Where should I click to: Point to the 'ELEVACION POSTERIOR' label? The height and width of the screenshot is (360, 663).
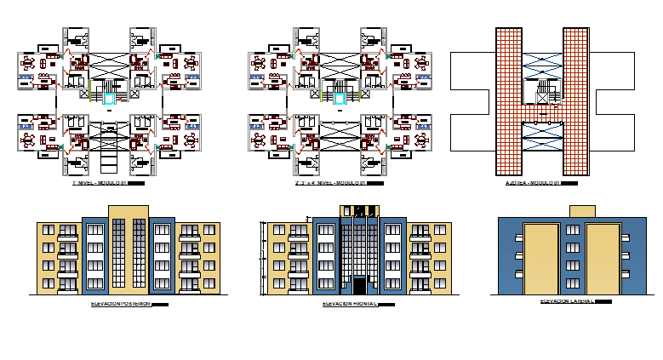120,303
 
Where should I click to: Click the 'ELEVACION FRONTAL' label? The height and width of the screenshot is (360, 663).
349,303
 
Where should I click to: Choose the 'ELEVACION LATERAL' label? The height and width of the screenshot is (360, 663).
567,300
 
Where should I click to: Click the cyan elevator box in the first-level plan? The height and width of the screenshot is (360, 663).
110,100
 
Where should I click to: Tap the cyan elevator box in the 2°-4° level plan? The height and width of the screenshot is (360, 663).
340,100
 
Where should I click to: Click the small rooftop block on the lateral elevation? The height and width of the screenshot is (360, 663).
581,210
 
